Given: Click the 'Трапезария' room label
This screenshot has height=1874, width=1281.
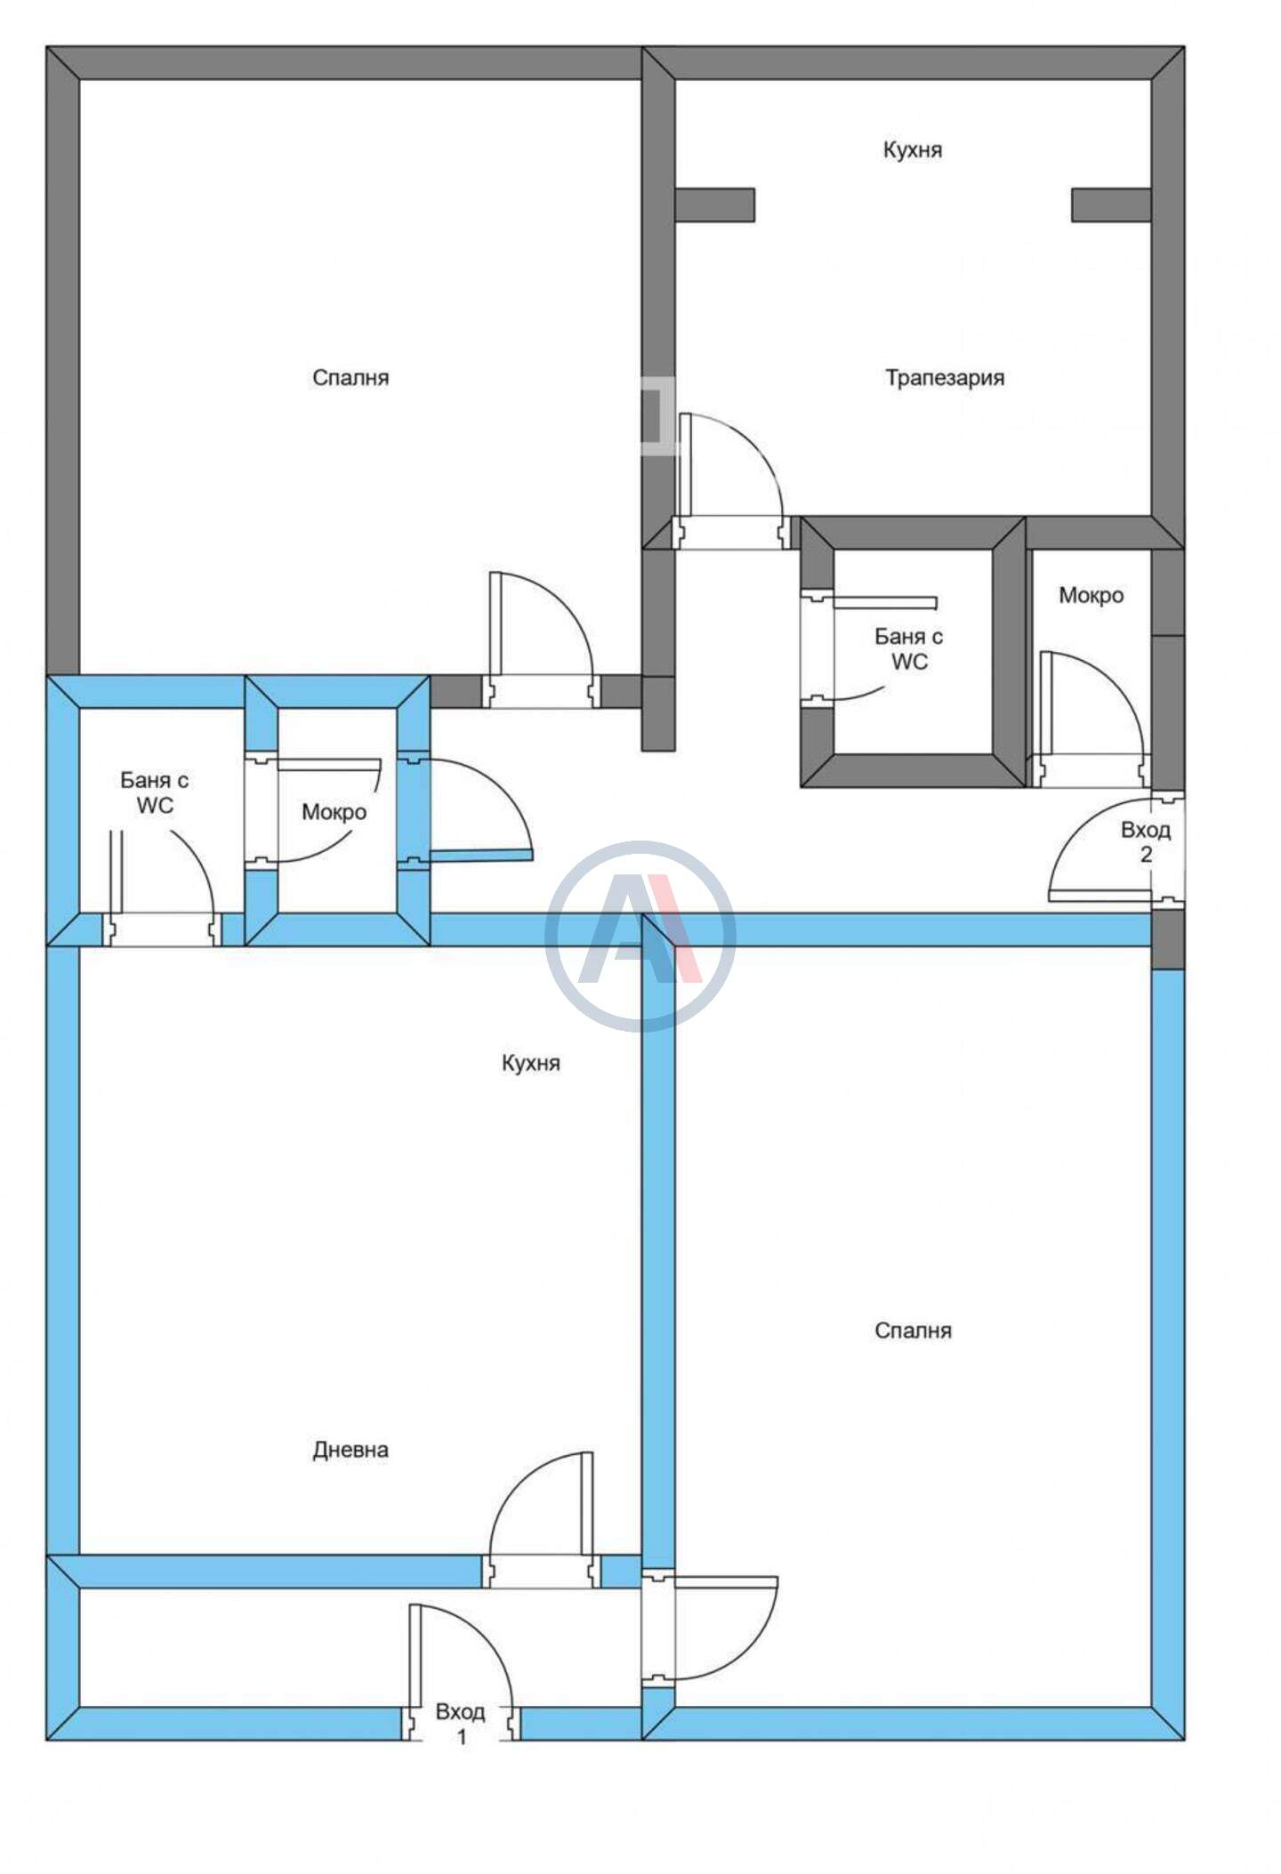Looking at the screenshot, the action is (945, 378).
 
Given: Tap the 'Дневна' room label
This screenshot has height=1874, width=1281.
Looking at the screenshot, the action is (350, 1450).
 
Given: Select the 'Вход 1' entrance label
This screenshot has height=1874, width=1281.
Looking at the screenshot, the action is (461, 1723).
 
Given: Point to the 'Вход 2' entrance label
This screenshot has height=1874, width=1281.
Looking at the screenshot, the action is (1146, 842).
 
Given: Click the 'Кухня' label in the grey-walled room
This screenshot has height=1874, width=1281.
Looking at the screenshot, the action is (913, 149).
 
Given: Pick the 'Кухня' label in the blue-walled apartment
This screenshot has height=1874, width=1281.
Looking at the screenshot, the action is (531, 1063).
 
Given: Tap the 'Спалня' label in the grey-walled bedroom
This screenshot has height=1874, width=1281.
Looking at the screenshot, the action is (350, 378).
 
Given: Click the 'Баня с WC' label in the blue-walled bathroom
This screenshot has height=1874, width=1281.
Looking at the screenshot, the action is (155, 792).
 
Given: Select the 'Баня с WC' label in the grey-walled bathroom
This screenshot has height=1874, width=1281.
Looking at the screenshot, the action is (909, 649).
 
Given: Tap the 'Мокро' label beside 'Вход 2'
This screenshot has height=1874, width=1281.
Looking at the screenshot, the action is (1091, 595).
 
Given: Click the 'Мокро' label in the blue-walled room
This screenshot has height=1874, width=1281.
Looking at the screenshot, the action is (334, 811).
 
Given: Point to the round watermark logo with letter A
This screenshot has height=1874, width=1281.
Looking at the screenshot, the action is (640, 936).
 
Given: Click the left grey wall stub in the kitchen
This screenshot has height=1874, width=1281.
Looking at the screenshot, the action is (714, 205).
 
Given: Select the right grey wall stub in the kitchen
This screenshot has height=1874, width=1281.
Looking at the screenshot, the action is (1112, 205).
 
